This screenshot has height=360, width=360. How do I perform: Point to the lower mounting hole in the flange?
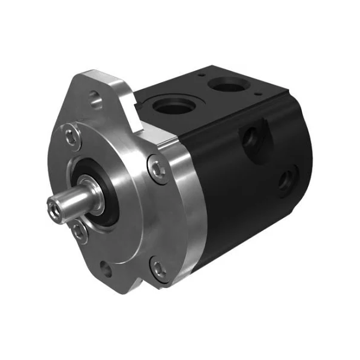point(106,268)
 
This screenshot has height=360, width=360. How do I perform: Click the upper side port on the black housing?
point(251,137)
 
